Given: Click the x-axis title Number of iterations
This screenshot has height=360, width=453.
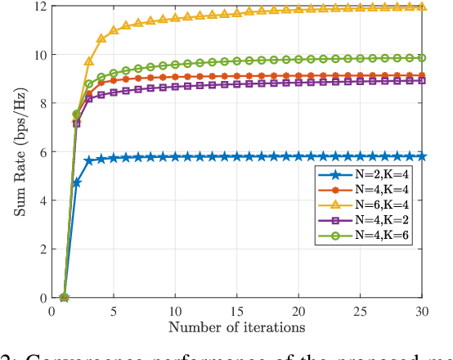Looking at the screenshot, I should pos(236,327).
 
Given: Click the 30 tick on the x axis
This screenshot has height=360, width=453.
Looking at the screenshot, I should pos(422,312).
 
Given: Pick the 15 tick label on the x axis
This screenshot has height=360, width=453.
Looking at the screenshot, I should pos(236,312).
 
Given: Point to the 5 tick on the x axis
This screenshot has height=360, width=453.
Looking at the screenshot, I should pos(114,312).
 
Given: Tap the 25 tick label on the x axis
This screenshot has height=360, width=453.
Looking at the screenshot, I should pos(361,312).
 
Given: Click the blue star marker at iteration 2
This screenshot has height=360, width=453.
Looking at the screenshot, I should pos(77,183).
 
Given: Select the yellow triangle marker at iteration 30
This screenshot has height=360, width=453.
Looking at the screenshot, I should pos(422,7).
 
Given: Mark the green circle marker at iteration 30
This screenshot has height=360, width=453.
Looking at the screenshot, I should pos(422,58).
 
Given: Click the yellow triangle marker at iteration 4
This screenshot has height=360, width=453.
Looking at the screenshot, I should pos(101,38).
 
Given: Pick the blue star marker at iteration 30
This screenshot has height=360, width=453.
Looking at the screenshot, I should pos(422,156).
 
